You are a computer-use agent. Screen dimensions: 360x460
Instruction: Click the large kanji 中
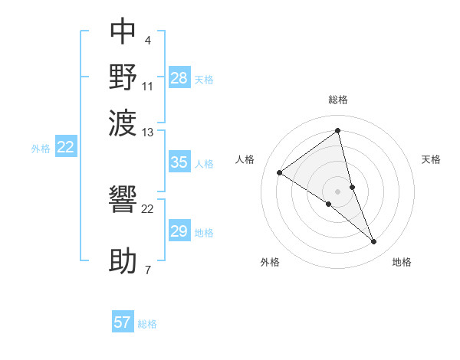coord(123,31)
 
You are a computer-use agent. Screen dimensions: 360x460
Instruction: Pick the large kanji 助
coord(123,261)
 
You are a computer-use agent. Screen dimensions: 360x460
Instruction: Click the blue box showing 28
coord(179,78)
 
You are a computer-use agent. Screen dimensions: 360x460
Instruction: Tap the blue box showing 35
coord(179,162)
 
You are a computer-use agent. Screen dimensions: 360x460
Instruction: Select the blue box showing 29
coord(179,231)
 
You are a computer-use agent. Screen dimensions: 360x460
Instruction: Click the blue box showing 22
coord(65,148)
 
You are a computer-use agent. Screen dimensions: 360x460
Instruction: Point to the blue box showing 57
coord(123,322)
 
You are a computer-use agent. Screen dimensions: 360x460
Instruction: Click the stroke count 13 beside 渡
coord(148,133)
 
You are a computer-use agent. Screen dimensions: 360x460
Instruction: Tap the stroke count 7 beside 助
coord(148,270)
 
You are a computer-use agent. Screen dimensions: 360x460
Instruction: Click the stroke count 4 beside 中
coord(148,40)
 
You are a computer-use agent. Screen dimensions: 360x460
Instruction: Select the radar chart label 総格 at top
coord(338,100)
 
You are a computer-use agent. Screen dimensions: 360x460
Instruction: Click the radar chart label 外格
coord(270,262)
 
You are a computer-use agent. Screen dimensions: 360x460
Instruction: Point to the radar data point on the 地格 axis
coord(373,242)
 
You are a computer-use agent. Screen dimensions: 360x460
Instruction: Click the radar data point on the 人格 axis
coord(280,172)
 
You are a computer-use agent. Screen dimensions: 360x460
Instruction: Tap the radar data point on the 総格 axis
coord(338,131)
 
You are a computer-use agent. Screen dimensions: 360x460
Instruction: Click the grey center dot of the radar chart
coord(338,191)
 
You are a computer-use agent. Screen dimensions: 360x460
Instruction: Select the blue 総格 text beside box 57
coord(147,324)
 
